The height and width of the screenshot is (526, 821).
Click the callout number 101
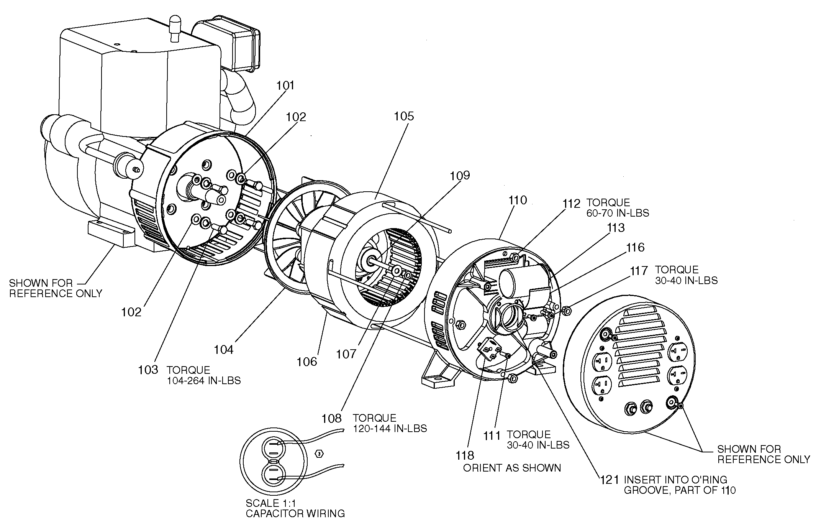tap(286, 85)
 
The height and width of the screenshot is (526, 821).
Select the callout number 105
tap(404, 116)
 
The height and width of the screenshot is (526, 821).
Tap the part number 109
tap(459, 176)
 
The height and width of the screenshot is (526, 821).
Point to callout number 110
tap(518, 200)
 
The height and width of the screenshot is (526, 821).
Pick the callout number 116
tap(635, 248)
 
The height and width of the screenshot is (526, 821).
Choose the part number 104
tap(223, 350)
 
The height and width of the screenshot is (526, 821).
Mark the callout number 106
tap(307, 362)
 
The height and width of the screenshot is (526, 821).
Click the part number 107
tap(346, 354)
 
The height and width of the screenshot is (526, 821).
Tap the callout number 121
tap(609, 480)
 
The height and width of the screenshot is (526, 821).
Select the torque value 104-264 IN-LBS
tap(204, 381)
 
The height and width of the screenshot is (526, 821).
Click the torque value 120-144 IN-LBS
tap(390, 429)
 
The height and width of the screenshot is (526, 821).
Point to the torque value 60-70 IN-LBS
tap(618, 213)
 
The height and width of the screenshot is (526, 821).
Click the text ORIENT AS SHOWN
tap(512, 468)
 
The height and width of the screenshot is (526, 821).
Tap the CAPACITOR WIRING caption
tap(295, 514)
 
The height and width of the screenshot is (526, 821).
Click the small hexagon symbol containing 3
tap(318, 454)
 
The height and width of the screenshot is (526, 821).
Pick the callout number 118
tap(465, 455)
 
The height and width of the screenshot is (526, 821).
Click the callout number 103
tap(148, 370)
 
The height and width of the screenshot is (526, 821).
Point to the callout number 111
tap(492, 436)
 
